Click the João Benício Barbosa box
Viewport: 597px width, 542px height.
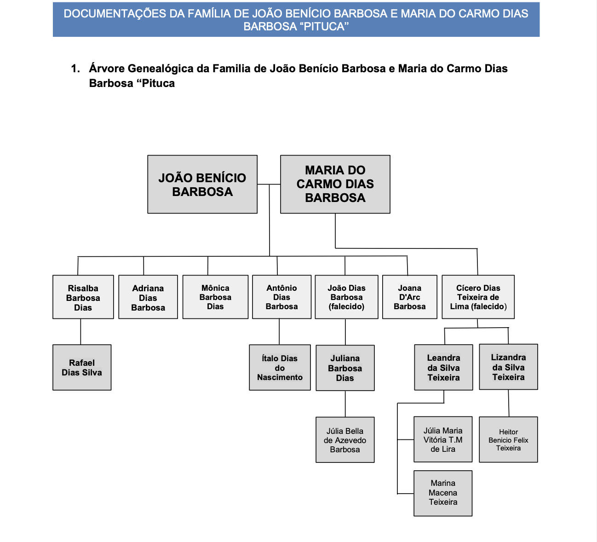point(202,184)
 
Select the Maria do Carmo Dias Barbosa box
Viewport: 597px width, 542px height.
point(335,184)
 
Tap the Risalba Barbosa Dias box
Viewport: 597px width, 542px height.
point(83,297)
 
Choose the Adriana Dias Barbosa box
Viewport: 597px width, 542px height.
point(148,297)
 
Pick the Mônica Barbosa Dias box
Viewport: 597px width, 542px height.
point(215,297)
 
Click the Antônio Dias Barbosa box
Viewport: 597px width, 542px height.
point(281,297)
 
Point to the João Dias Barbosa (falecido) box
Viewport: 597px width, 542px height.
point(346,297)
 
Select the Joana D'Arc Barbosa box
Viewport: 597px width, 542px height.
point(409,297)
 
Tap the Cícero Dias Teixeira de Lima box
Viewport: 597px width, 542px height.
point(478,297)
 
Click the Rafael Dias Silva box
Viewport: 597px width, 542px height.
point(82,367)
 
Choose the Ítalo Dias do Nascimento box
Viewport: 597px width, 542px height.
point(280,368)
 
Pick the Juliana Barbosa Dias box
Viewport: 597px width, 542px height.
point(345,368)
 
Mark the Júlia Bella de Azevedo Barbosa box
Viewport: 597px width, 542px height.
point(345,440)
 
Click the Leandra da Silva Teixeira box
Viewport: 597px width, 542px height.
point(443,368)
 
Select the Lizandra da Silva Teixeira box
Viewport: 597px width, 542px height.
point(508,367)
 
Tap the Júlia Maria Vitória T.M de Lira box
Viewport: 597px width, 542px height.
point(443,439)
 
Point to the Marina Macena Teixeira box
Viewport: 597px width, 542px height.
point(443,493)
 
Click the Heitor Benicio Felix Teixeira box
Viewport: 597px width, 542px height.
point(508,439)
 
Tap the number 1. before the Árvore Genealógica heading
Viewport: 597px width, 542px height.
point(75,69)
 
